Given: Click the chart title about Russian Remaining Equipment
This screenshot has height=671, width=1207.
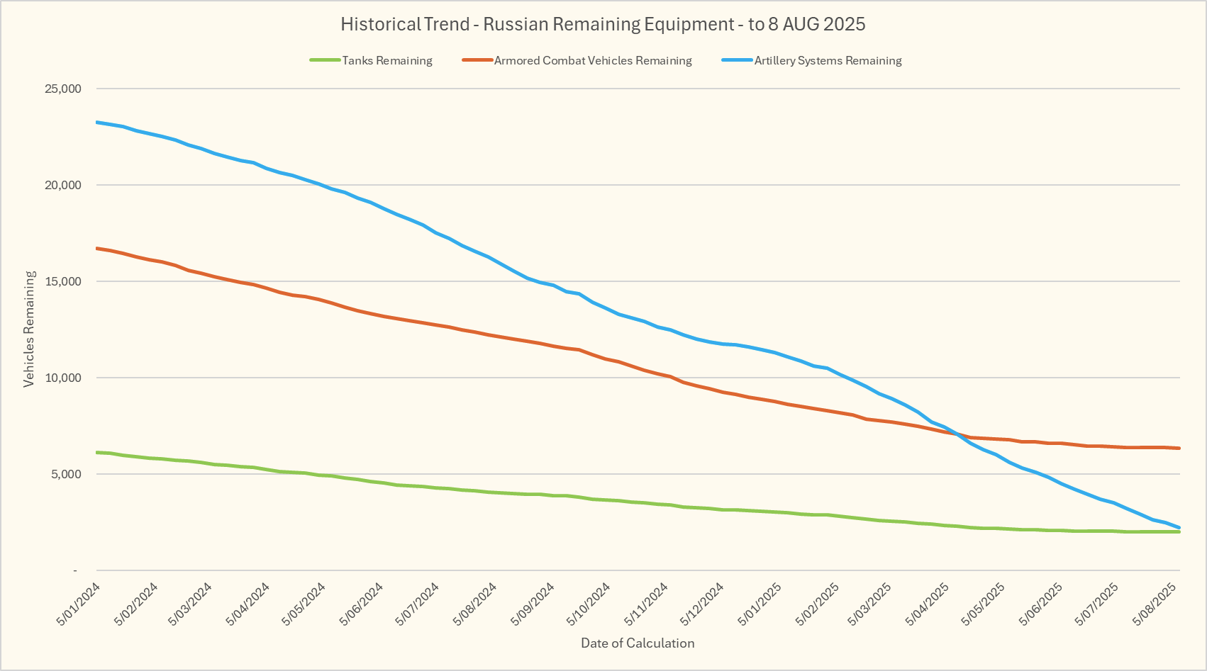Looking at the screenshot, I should tap(603, 24).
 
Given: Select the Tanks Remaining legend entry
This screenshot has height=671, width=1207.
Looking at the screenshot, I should tap(386, 61).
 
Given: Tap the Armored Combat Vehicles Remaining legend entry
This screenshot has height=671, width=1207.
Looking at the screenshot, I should tap(592, 61).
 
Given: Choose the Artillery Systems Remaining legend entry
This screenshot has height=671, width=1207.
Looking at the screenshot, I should tap(828, 61).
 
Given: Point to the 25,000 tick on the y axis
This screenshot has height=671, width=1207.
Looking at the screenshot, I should tap(64, 89).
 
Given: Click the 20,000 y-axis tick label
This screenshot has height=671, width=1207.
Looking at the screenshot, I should tap(64, 185).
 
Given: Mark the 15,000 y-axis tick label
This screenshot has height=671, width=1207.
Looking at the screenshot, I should tap(64, 281).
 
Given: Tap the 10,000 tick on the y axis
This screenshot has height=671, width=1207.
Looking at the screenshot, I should tap(64, 378).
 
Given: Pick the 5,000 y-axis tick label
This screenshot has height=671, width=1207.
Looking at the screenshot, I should tap(67, 474).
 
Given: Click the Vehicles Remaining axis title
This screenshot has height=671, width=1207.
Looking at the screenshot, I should tap(29, 329).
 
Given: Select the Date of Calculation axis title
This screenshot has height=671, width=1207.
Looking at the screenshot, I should tap(638, 643).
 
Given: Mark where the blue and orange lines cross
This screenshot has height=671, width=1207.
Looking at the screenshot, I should tap(957, 434).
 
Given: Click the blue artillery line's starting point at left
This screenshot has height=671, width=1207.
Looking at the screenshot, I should tap(97, 123).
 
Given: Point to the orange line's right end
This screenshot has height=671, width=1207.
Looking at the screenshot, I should tap(1179, 448).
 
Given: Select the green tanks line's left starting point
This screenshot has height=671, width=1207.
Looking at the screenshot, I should tap(97, 452).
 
